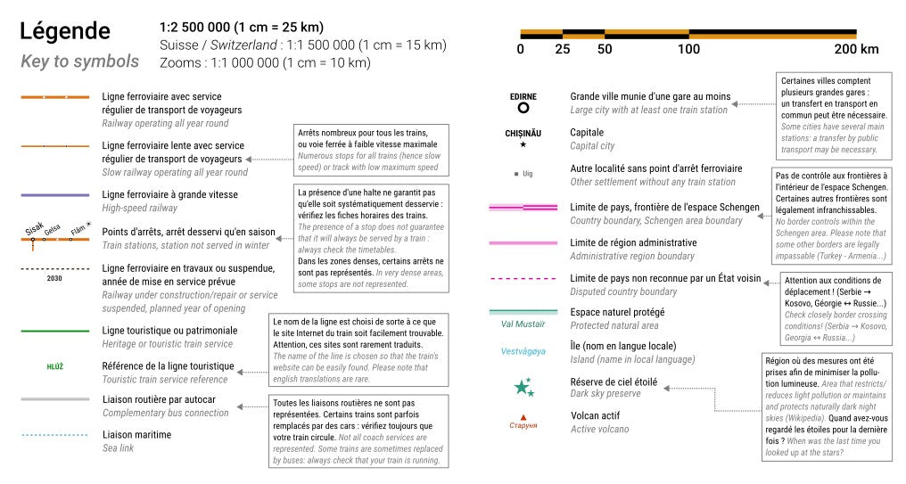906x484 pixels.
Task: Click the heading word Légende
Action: tap(65, 32)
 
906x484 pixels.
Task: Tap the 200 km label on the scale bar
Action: tap(856, 49)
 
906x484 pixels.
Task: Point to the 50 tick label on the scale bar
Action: tap(605, 49)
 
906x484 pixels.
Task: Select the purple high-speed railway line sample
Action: tap(54, 194)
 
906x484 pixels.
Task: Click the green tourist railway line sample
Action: tap(54, 331)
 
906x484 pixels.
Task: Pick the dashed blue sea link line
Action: tap(54, 436)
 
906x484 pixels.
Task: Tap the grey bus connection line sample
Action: tap(54, 399)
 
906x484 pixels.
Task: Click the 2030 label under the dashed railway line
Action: tap(54, 278)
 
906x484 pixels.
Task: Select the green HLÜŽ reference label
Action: tap(54, 366)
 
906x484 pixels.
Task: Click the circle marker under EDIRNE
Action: tap(523, 108)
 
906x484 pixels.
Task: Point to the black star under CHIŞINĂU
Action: tap(523, 144)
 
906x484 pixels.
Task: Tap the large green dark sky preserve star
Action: tap(521, 388)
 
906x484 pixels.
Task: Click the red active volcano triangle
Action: tap(523, 416)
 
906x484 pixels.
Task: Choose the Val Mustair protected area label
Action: tap(523, 324)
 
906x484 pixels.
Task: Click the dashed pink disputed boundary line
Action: tap(523, 278)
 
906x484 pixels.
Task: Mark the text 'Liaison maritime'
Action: tap(136, 435)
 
